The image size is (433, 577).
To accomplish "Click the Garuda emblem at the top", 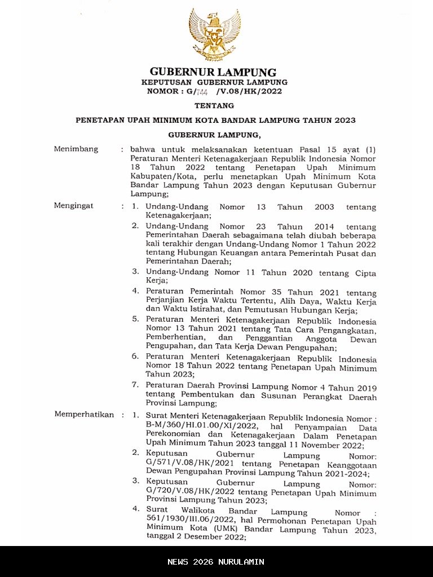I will [214, 34].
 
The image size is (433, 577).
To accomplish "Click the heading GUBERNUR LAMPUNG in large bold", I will [213, 72].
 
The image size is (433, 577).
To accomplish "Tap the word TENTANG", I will [214, 105].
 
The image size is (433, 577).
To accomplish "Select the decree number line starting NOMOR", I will [214, 91].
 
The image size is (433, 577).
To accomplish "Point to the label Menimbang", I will [76, 149].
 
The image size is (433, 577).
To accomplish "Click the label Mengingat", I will [74, 206].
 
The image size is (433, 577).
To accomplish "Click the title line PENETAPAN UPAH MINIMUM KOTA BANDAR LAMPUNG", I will [216, 120].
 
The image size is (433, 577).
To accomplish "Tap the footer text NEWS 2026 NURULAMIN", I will [216, 562].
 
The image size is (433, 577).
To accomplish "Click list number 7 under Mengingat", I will [135, 385].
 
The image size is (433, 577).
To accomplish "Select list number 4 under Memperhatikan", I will [135, 509].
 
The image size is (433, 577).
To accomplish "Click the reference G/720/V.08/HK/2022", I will [188, 493].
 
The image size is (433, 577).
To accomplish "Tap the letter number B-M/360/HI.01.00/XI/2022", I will [200, 427].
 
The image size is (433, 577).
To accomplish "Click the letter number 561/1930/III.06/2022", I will [188, 521].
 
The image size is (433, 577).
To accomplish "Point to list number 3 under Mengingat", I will [135, 272].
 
